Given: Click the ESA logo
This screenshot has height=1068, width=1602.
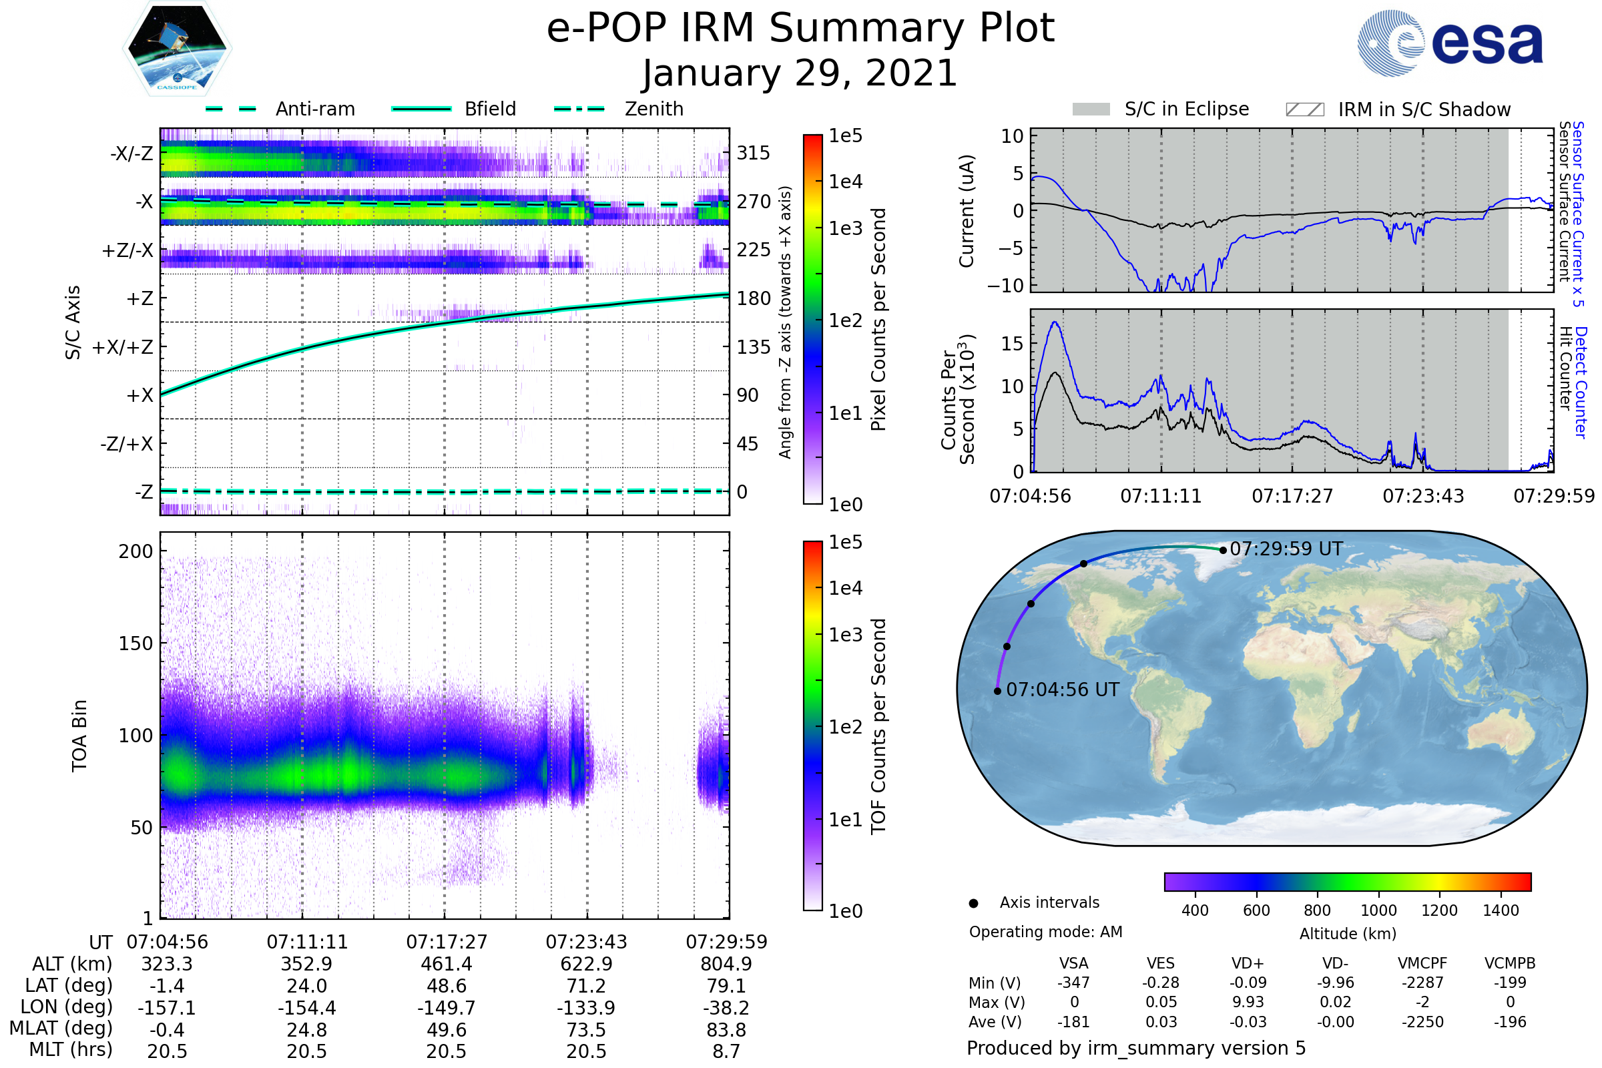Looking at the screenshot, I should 1450,43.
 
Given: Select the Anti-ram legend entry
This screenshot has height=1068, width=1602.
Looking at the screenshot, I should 280,109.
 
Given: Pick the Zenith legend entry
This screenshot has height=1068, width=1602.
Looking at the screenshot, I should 619,109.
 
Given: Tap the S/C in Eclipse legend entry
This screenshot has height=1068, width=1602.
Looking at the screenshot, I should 1161,109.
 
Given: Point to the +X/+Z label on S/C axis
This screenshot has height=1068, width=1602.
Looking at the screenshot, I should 123,347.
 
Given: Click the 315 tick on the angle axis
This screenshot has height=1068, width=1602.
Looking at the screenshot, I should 754,154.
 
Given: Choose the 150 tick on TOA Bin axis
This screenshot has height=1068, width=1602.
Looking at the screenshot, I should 136,643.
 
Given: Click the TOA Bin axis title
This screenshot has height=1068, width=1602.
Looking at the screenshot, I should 79,736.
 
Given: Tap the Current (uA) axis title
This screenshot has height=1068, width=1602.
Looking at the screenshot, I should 967,211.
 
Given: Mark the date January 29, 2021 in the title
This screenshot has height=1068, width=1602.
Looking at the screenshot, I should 800,73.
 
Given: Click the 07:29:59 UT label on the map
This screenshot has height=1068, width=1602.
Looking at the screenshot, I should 1286,549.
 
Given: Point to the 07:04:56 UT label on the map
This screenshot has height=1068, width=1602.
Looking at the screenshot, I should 1063,690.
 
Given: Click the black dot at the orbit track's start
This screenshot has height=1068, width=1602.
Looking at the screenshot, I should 997,692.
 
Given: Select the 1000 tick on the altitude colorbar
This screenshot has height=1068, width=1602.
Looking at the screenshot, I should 1378,910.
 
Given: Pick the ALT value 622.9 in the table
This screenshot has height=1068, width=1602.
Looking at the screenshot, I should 587,965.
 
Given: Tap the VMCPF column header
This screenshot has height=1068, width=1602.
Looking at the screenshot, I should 1422,964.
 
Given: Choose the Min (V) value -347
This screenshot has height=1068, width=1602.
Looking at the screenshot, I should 1073,983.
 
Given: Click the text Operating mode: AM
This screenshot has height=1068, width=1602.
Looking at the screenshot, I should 1045,932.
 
